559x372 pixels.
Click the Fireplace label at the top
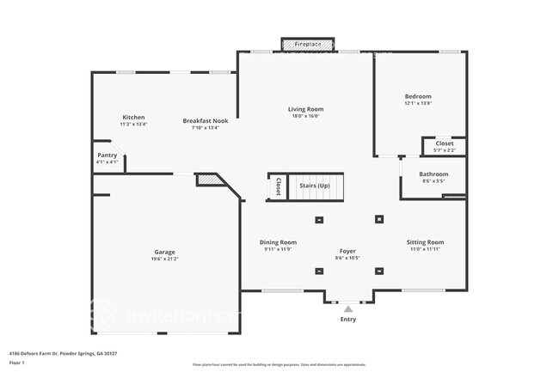(307, 43)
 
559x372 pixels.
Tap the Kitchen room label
(133, 117)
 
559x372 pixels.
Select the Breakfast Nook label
(205, 121)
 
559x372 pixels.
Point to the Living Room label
(305, 109)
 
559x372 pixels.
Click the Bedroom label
(418, 96)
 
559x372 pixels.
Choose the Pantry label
(107, 156)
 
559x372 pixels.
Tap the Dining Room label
(279, 242)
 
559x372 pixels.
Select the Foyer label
(347, 252)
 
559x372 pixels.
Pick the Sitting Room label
(425, 242)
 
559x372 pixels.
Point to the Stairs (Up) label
(314, 186)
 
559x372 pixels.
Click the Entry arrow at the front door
(348, 308)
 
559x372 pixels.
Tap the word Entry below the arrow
(348, 319)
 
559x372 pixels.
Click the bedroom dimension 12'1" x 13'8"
(418, 103)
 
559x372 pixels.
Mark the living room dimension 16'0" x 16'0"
(305, 116)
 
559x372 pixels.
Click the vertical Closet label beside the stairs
(277, 186)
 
